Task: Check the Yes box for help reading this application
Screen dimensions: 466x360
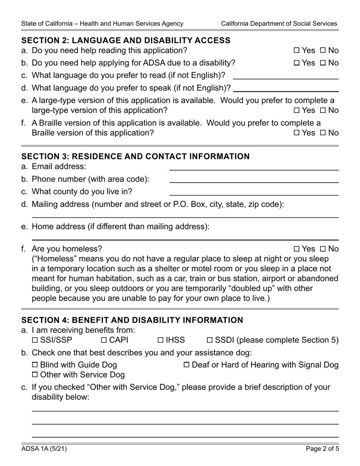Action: [297, 50]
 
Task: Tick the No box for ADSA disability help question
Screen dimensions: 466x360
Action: [323, 63]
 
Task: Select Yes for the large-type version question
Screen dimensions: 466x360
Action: [297, 111]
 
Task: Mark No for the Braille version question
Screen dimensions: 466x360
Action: [323, 133]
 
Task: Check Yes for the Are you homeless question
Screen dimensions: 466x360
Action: [297, 249]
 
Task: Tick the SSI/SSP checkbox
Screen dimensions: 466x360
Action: [35, 340]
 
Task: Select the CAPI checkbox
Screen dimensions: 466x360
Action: [104, 340]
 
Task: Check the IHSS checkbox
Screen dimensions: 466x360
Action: [160, 340]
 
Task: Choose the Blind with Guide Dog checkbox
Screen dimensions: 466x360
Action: [35, 365]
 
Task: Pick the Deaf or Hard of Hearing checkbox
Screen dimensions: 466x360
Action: [186, 365]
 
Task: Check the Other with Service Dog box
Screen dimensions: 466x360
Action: [35, 375]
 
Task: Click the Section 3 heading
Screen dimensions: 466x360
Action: [135, 156]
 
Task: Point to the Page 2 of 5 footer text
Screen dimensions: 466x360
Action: [322, 449]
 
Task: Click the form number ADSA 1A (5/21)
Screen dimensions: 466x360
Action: [44, 449]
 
